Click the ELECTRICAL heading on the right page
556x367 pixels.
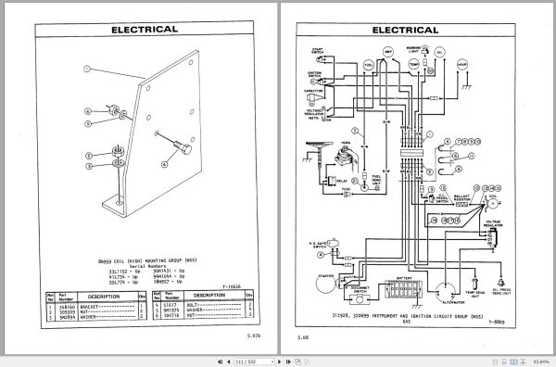click(405, 29)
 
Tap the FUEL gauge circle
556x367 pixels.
click(369, 66)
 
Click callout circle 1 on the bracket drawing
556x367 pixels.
click(84, 70)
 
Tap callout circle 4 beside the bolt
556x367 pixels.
click(165, 162)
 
